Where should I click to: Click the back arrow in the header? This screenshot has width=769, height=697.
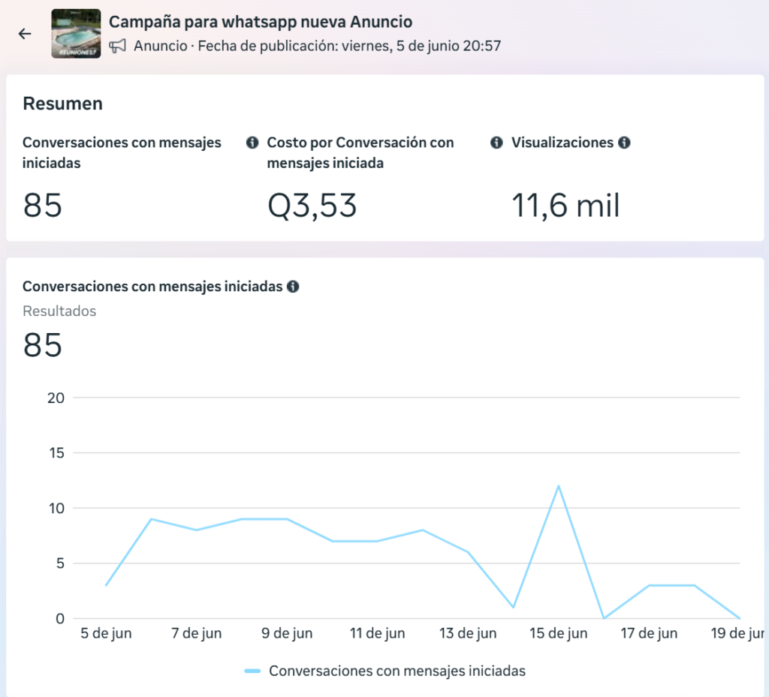pyautogui.click(x=25, y=33)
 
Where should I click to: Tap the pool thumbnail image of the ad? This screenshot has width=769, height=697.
pyautogui.click(x=76, y=33)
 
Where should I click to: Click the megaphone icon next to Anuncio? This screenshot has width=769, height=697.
pyautogui.click(x=117, y=46)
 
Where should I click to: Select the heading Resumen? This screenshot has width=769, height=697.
pyautogui.click(x=63, y=104)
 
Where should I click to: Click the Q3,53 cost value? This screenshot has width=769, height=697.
pyautogui.click(x=312, y=206)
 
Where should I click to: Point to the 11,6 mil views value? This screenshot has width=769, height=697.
pyautogui.click(x=565, y=206)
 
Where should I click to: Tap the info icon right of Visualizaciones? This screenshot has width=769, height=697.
pyautogui.click(x=624, y=143)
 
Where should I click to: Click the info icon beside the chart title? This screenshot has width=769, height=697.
pyautogui.click(x=293, y=287)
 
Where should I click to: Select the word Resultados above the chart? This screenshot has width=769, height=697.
pyautogui.click(x=59, y=311)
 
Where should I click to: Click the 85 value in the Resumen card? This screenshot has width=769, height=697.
pyautogui.click(x=42, y=206)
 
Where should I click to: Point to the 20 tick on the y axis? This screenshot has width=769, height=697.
pyautogui.click(x=56, y=398)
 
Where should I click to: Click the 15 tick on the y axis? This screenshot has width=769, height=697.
pyautogui.click(x=56, y=453)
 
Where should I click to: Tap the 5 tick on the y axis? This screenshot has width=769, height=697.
pyautogui.click(x=60, y=563)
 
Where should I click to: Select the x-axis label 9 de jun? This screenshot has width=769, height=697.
pyautogui.click(x=287, y=633)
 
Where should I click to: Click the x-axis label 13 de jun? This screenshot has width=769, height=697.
pyautogui.click(x=468, y=633)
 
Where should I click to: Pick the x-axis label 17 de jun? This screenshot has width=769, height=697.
pyautogui.click(x=649, y=633)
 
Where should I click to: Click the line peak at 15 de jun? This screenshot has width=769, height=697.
pyautogui.click(x=559, y=486)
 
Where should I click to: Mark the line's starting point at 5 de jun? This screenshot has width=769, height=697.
pyautogui.click(x=106, y=585)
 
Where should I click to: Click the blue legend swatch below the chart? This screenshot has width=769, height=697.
pyautogui.click(x=252, y=671)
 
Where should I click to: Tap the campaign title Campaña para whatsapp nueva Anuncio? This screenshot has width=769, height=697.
pyautogui.click(x=261, y=22)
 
